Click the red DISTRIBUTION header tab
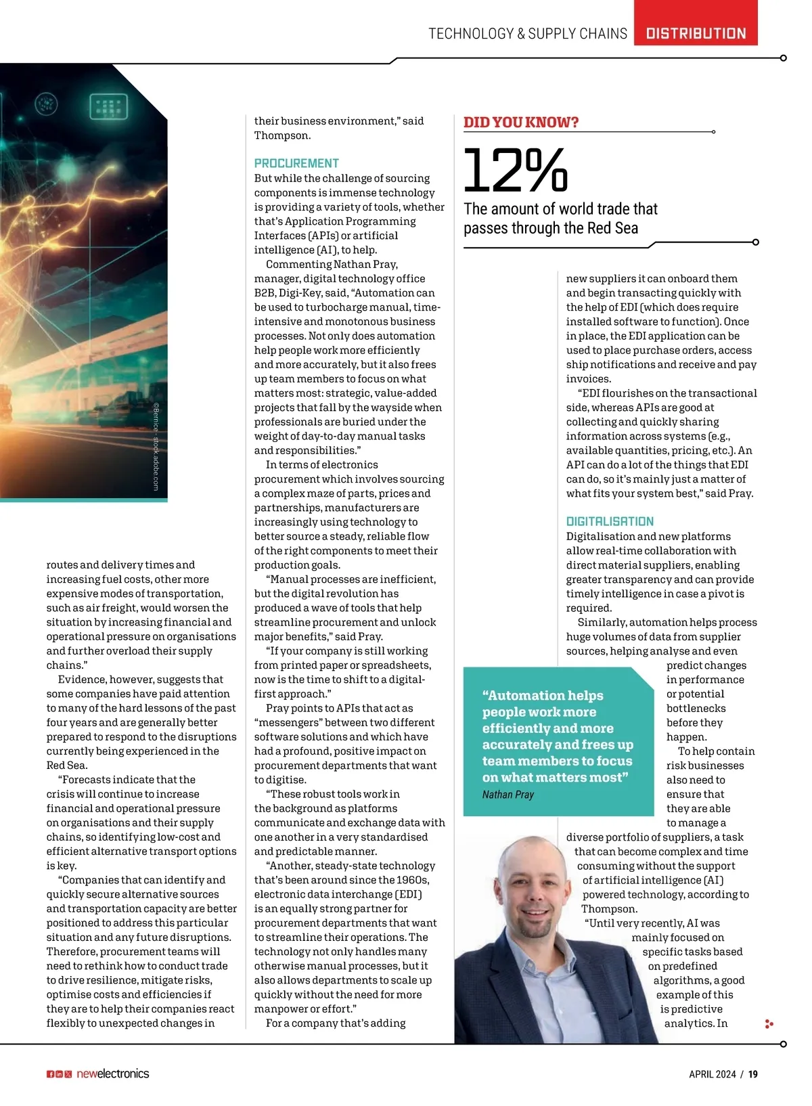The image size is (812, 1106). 696,33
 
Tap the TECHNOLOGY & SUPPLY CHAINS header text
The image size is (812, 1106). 528,34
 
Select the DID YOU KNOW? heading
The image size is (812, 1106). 521,123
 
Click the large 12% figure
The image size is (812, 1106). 516,171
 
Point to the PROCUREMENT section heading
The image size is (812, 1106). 296,163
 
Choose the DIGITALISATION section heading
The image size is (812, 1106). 610,521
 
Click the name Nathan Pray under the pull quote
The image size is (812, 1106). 507,795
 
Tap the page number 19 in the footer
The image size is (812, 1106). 753,1074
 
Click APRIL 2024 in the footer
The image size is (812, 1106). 712,1074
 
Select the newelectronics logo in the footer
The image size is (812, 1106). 112,1074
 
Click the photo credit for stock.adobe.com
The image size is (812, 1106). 156,447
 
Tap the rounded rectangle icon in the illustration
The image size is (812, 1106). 109,106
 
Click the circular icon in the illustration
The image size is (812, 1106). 46,104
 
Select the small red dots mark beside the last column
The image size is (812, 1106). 769,1024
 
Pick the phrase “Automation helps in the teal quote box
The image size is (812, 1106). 542,695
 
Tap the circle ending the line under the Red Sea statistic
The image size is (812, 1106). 756,242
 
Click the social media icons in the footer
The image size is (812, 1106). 59,1074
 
